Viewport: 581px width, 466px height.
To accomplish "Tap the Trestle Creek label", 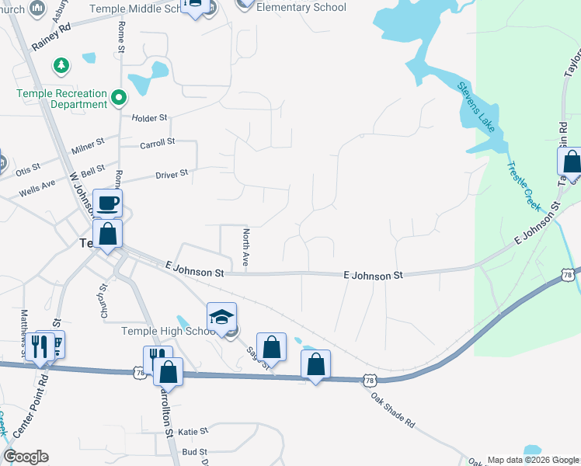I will click(x=522, y=185).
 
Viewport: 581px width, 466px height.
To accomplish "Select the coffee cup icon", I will click(x=107, y=204).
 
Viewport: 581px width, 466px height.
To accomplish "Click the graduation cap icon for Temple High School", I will click(x=221, y=317).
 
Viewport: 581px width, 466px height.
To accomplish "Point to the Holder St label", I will click(x=150, y=118).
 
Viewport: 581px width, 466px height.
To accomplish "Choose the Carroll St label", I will click(x=158, y=143).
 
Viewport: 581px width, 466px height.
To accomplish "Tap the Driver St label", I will click(x=172, y=174).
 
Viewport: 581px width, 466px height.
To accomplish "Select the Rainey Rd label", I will click(x=51, y=37).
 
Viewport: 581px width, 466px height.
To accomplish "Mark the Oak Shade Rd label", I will click(x=393, y=407).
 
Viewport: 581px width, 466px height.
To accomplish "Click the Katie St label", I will click(x=193, y=431).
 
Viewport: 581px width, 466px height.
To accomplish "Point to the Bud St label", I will click(x=195, y=451).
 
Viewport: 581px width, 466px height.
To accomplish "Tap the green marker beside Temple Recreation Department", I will click(x=119, y=99).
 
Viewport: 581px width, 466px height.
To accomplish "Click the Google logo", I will click(x=26, y=457).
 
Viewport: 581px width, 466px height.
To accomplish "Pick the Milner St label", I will click(x=88, y=146).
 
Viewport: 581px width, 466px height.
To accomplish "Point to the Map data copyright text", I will click(x=532, y=460).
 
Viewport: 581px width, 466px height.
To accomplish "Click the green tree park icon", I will click(x=62, y=66).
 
